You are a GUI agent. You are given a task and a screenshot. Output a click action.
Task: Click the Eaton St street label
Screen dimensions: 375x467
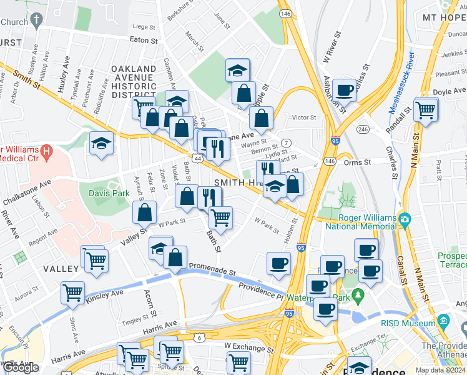[x=144, y=40]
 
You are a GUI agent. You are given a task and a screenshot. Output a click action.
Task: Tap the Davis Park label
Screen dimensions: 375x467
[x=109, y=194]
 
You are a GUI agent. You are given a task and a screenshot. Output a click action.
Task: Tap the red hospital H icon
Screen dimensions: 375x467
[x=45, y=151]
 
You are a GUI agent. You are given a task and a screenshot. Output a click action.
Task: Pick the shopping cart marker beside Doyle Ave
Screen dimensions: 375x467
[x=426, y=110]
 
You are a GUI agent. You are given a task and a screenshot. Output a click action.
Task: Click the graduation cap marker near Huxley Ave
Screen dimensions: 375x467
[x=101, y=142]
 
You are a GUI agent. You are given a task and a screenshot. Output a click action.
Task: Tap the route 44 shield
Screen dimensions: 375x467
[x=198, y=160]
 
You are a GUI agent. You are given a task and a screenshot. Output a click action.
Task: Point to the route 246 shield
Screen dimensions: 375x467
[x=362, y=129]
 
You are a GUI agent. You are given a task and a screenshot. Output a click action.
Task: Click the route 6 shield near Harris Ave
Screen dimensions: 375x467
[x=198, y=337]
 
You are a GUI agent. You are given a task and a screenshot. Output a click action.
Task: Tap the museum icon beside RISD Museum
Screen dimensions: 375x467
[x=444, y=323]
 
